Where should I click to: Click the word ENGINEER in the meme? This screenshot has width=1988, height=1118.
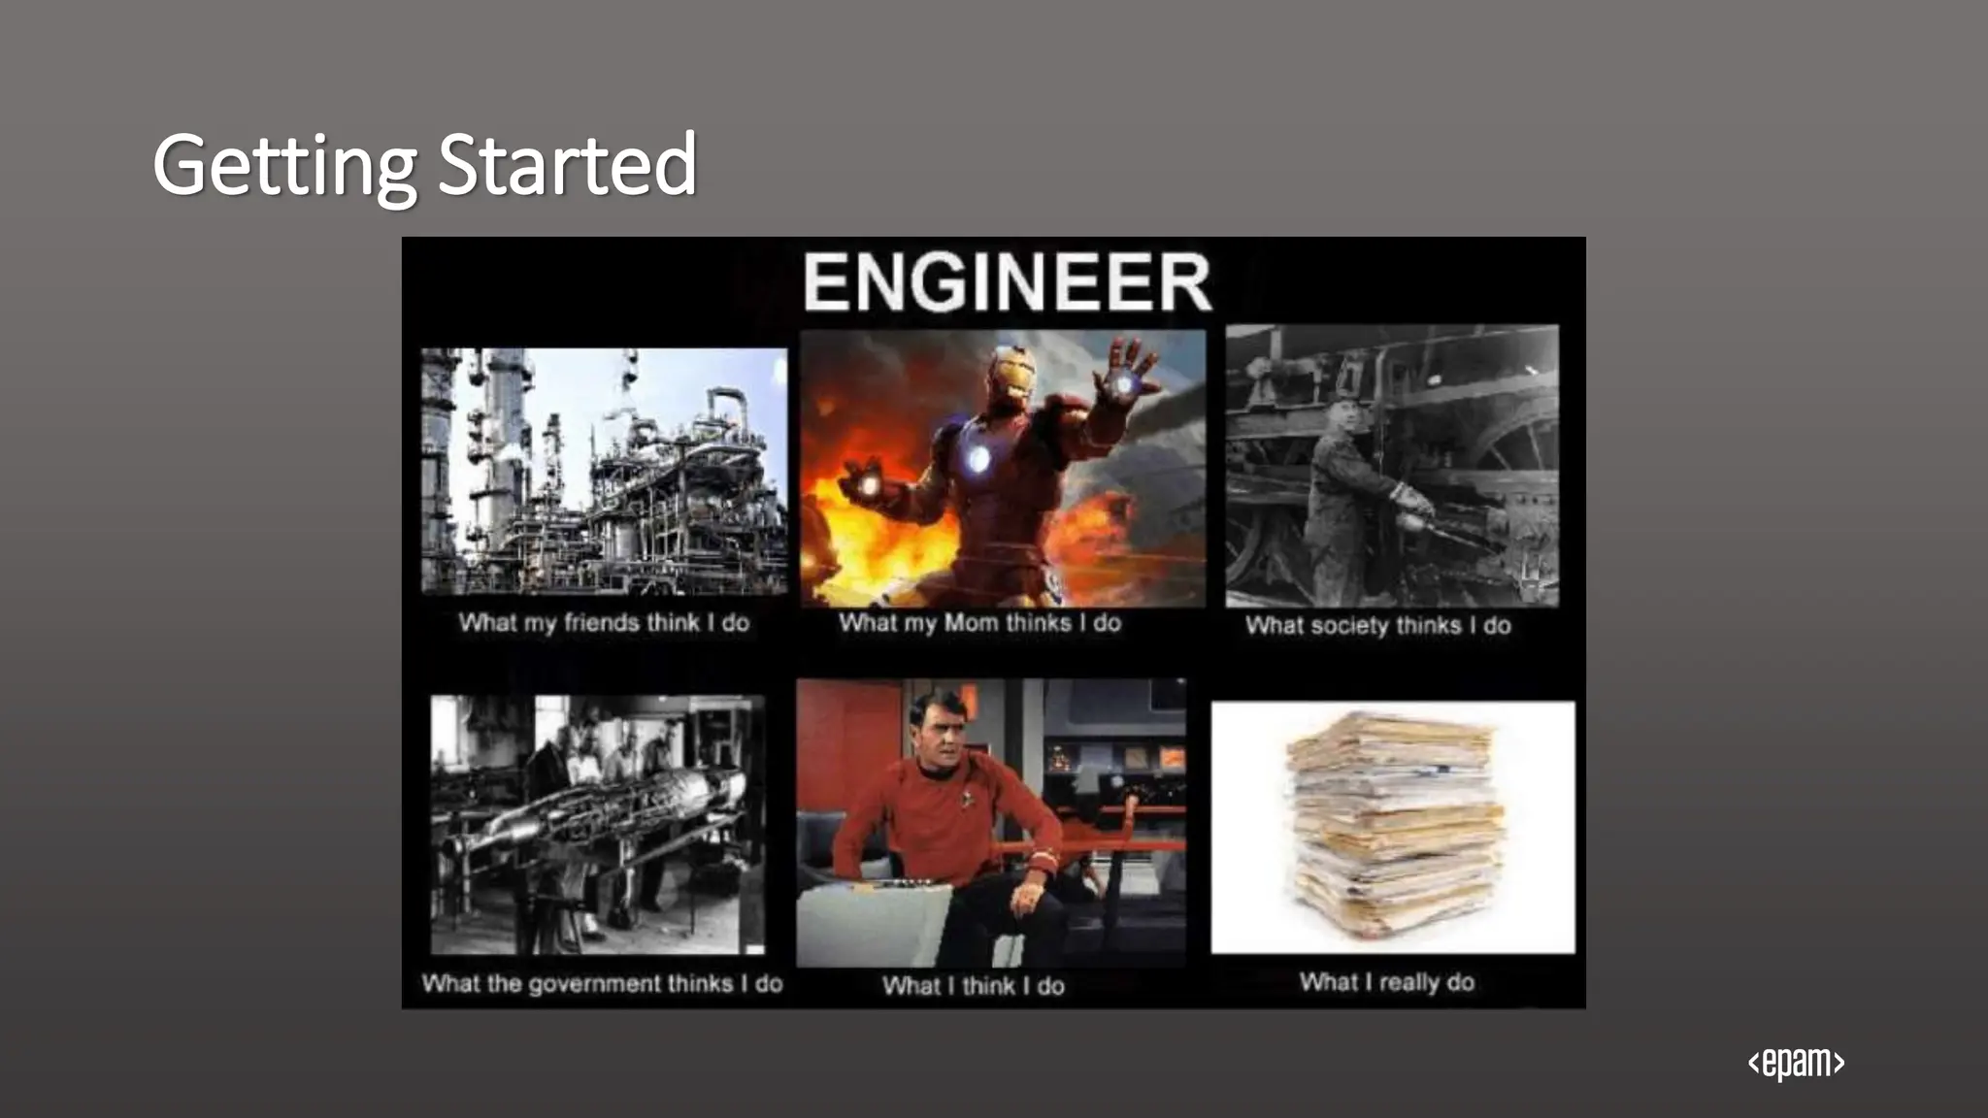point(1007,281)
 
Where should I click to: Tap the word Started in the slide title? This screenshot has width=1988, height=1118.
point(567,165)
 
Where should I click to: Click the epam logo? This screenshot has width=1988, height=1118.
point(1796,1063)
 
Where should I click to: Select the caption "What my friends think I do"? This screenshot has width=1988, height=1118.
point(604,623)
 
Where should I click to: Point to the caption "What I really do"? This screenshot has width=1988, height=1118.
point(1386,982)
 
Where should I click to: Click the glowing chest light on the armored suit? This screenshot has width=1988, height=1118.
point(977,458)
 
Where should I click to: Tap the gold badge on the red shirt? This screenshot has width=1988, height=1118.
point(969,799)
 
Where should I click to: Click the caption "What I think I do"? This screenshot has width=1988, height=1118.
point(973,986)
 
